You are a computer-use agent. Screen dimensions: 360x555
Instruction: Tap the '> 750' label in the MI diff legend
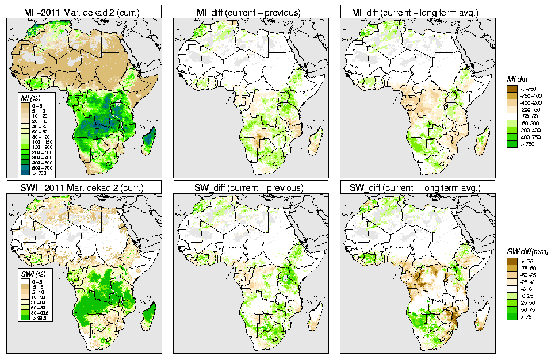(529, 145)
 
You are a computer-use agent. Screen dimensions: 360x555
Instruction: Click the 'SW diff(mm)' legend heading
(525, 252)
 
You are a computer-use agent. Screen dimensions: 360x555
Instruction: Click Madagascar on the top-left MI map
(150, 140)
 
